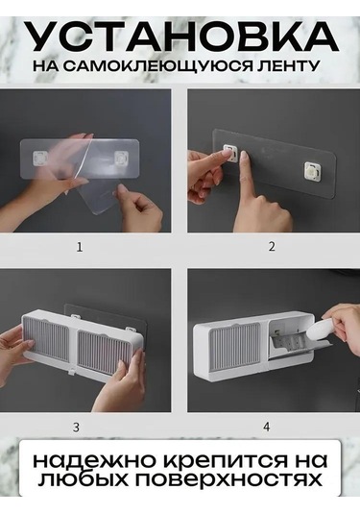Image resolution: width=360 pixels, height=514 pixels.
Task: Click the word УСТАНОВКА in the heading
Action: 181,37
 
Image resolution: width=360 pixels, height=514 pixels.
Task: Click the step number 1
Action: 80,247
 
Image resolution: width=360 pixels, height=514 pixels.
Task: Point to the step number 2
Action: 272,247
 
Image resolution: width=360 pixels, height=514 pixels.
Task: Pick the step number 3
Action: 76,428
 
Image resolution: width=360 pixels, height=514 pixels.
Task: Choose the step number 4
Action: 267,427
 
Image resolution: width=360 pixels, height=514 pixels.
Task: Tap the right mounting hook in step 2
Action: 312,170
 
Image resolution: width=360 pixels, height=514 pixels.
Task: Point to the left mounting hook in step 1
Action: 40,158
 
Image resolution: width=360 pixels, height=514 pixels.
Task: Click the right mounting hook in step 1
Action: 121,158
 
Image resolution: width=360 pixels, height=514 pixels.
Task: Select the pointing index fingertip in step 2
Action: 243,157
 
